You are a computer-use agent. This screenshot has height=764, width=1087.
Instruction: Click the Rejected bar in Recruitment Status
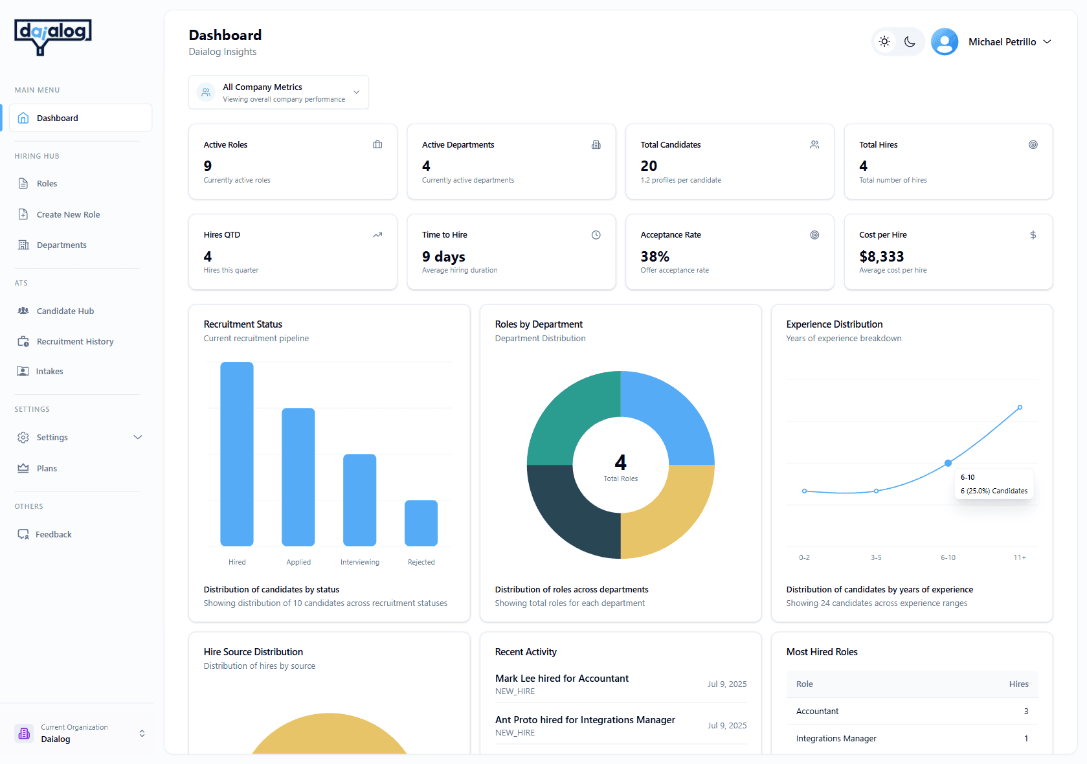pos(421,523)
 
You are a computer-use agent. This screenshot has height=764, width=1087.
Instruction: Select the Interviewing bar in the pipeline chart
pos(359,500)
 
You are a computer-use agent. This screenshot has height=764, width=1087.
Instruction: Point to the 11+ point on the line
pos(1020,407)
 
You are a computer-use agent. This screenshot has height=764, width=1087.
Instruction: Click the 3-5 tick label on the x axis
pos(876,557)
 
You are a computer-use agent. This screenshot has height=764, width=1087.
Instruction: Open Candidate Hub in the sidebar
pos(65,311)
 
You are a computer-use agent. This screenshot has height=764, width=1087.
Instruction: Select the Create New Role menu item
pos(68,214)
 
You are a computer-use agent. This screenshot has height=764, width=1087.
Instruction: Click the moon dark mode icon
pos(910,41)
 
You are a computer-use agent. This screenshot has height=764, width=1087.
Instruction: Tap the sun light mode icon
pos(884,41)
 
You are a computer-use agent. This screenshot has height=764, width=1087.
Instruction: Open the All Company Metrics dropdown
pos(278,93)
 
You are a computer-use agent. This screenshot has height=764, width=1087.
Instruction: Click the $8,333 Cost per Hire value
pos(881,256)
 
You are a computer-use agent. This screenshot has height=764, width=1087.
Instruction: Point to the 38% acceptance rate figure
pos(655,256)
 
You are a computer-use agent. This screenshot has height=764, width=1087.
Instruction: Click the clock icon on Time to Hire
pos(596,235)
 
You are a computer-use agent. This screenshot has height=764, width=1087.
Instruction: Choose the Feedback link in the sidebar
pos(53,534)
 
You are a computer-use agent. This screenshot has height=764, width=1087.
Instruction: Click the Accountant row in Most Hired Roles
pos(912,711)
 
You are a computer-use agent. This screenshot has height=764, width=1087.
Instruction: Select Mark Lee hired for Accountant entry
pos(561,679)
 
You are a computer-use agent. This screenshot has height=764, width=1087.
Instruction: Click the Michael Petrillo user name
pos(1002,41)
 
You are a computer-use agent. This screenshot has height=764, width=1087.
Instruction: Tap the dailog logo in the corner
pos(53,36)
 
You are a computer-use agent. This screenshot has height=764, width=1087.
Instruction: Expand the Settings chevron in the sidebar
pos(137,437)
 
